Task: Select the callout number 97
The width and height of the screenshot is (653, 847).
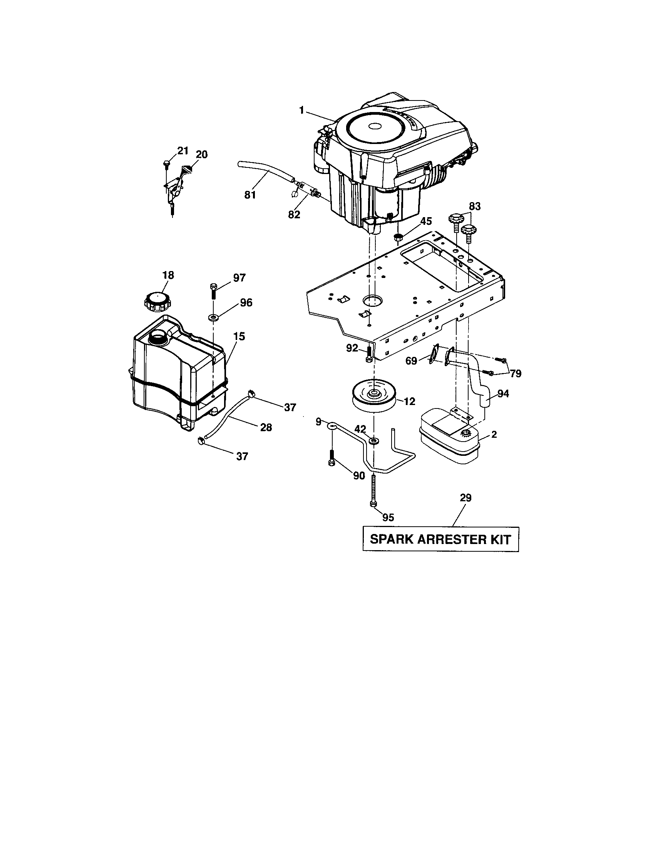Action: [x=239, y=278]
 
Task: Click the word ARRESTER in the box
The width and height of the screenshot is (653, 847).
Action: [x=447, y=539]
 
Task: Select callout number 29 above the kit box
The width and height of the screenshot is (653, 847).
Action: [x=465, y=497]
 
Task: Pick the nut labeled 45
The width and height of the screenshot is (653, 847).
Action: [x=397, y=236]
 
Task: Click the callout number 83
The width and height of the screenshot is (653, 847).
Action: [x=475, y=206]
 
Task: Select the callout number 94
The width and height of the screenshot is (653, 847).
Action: [x=503, y=393]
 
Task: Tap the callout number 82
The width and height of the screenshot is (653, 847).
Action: [x=294, y=214]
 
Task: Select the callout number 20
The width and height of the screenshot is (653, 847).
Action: [x=201, y=154]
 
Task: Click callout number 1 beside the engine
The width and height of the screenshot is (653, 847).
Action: [x=301, y=110]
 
